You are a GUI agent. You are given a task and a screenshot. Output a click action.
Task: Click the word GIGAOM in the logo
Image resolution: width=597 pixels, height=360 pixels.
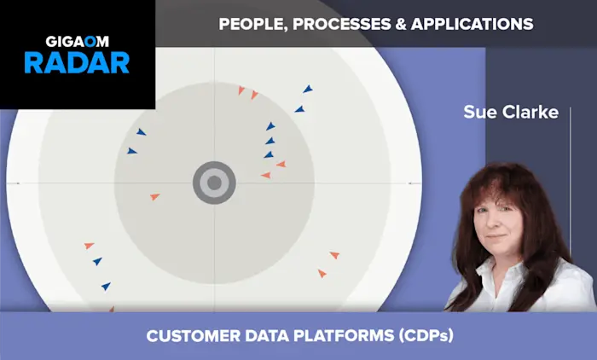[76, 40]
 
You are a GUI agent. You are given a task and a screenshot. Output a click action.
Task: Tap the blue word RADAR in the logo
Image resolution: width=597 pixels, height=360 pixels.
[76, 62]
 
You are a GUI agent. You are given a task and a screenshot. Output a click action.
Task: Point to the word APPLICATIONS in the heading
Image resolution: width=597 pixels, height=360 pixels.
[472, 24]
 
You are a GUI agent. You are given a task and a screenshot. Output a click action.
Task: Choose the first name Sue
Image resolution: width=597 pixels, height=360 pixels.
[479, 113]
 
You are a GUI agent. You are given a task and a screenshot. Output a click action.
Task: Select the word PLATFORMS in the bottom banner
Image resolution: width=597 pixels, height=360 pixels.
[334, 336]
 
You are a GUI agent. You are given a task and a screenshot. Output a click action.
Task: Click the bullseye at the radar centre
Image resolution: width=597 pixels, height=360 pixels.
[214, 183]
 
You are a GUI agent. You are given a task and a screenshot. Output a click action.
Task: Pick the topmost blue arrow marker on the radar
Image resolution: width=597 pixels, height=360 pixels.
[308, 89]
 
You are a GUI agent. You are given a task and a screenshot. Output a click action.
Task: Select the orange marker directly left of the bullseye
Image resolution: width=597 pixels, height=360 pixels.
[154, 197]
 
